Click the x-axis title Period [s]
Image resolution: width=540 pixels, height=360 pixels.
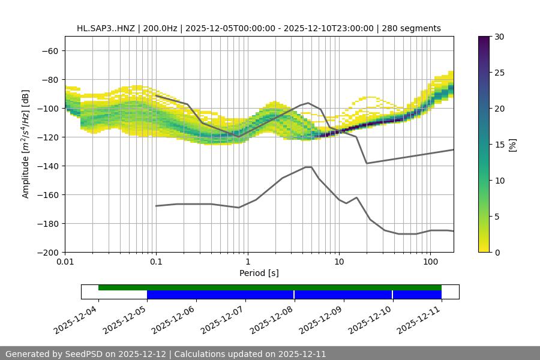259,273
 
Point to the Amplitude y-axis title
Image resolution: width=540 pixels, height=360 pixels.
26,144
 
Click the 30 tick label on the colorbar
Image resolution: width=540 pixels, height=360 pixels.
499,37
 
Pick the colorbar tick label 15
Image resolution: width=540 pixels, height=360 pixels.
499,145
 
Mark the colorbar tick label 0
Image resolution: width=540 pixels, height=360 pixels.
497,253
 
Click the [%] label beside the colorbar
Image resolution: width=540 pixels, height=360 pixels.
512,144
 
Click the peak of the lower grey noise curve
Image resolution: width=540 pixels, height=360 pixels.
308,167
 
